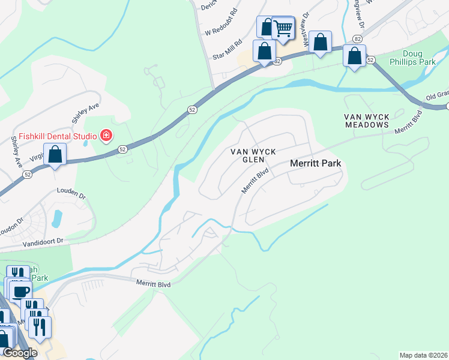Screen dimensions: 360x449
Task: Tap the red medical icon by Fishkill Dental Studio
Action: click(x=106, y=136)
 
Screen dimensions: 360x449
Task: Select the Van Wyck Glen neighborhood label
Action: click(x=254, y=155)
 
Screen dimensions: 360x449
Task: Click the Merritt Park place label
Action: click(x=315, y=163)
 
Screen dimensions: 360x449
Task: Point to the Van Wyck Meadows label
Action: click(x=367, y=120)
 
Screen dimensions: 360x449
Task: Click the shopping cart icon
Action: click(x=283, y=28)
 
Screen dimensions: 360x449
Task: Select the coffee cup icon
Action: click(x=20, y=292)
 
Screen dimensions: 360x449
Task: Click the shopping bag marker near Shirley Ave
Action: click(x=55, y=155)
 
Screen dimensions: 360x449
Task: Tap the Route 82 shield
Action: click(x=358, y=39)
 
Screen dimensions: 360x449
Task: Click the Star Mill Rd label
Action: click(x=226, y=49)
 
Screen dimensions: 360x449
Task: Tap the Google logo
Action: click(x=19, y=353)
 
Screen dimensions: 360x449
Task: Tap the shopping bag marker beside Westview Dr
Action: click(x=321, y=43)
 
